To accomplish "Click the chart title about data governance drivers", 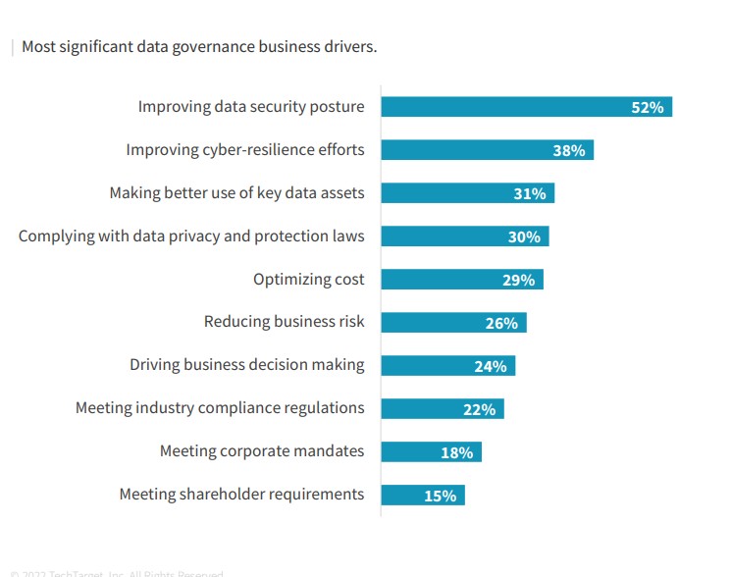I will coord(199,46).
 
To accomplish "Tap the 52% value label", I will coord(648,107).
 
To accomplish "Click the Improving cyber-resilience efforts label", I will coord(245,150).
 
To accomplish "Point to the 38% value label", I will coord(568,150).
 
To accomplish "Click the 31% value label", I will coord(529,193).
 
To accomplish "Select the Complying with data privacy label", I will coord(191,236).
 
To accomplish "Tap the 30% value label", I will coord(524,236).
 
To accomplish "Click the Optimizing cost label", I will coord(308,280).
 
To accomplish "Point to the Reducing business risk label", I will coord(284,322).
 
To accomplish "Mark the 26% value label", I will coord(501,323).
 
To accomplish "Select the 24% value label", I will coord(490,366).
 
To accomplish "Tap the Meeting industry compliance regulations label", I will coord(220,408).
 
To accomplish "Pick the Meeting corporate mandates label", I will coord(262,451).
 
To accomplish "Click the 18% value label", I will coord(456,452).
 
